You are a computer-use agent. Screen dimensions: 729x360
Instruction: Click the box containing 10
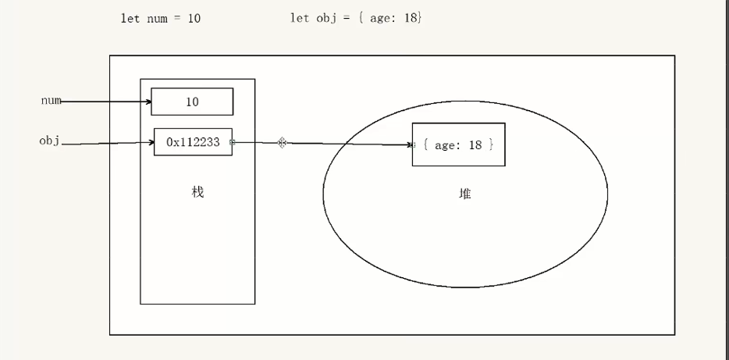(192, 102)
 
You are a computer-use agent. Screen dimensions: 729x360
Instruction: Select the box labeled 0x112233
(193, 142)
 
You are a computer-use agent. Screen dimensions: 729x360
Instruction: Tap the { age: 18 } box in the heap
(458, 144)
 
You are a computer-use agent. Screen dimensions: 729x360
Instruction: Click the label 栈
(197, 192)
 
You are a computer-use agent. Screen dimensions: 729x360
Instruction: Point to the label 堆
(465, 194)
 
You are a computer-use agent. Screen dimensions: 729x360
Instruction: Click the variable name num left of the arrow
(51, 101)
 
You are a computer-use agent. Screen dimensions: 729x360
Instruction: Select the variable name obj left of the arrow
(50, 141)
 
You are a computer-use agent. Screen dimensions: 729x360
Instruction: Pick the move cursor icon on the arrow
(283, 143)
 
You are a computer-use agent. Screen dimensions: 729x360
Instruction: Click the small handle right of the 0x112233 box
(233, 143)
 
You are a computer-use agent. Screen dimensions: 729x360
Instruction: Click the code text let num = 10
(161, 18)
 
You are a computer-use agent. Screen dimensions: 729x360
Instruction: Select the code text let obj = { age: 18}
(356, 18)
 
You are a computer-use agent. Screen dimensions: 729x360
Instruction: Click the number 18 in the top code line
(411, 18)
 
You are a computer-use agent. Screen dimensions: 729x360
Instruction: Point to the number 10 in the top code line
(194, 18)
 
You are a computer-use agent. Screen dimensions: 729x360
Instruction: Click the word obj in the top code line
(323, 18)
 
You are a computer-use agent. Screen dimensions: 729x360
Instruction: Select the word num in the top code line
(157, 18)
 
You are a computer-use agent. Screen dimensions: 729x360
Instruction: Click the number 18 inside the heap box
(475, 145)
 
